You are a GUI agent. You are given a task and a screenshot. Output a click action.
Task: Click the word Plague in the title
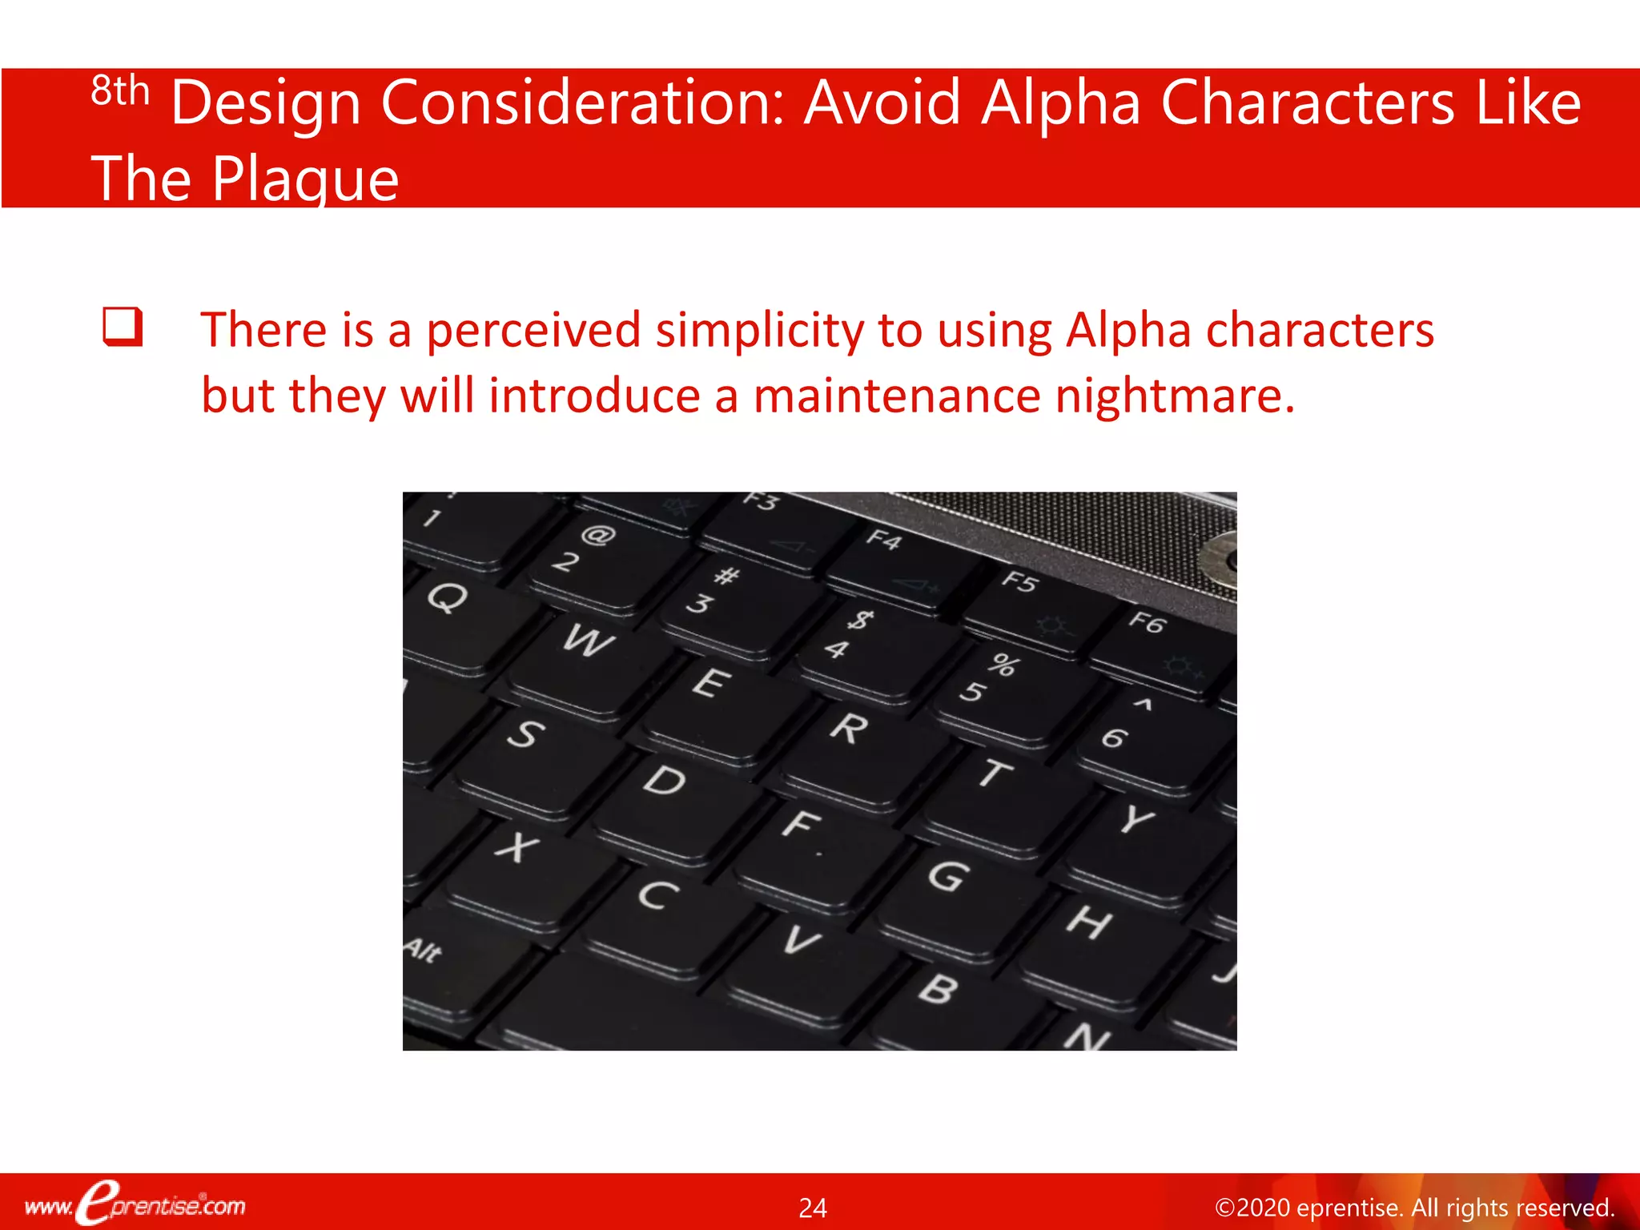(x=305, y=179)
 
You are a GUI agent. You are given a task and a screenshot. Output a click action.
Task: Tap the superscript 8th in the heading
(x=120, y=91)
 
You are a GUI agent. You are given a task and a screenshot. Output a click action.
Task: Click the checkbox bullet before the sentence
(x=123, y=327)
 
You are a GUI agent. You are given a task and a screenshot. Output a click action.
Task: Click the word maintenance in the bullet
(x=896, y=396)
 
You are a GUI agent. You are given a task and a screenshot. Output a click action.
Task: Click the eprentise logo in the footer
(x=135, y=1204)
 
